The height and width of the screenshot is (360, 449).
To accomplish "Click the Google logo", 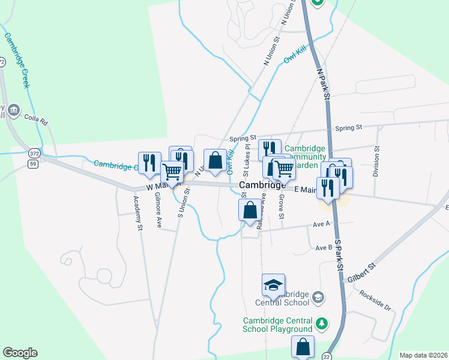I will (20, 353).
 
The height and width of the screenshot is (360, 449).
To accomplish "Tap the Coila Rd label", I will (35, 119).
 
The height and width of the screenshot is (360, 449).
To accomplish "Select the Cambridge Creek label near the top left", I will (17, 60).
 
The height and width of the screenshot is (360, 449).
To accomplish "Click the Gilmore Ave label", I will (158, 209).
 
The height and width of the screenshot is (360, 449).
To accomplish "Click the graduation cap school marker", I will (273, 284).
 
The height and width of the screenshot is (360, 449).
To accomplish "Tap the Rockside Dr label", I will (375, 299).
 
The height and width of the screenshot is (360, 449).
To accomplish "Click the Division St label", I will (377, 160).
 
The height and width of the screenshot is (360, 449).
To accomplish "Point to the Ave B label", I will (324, 247).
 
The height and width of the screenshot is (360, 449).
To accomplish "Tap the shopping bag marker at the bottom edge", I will (303, 346).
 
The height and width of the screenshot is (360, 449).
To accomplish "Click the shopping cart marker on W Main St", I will (172, 172).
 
